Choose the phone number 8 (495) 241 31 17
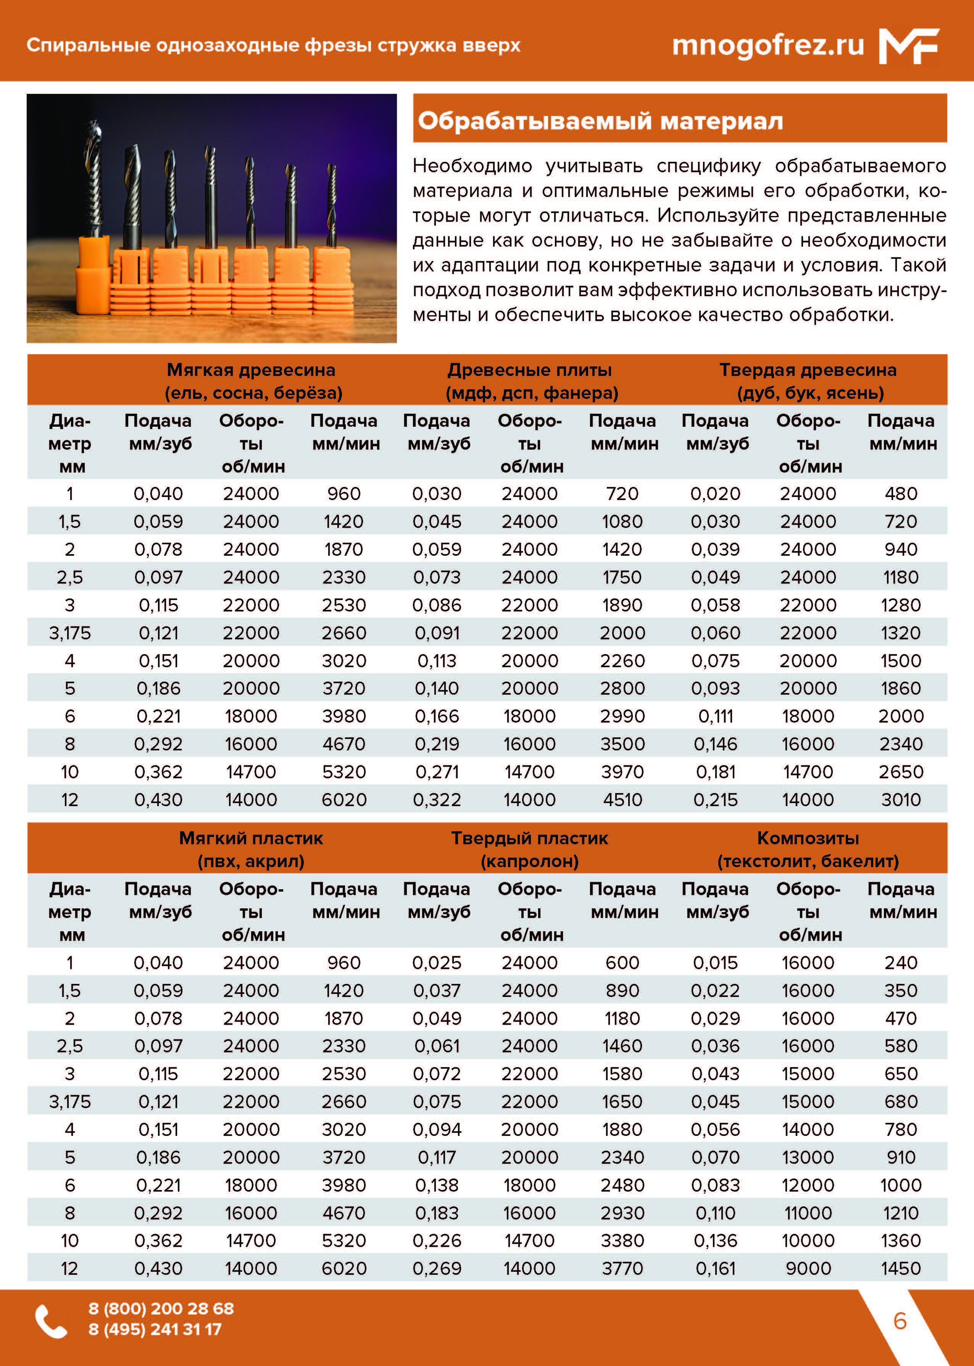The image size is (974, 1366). (x=155, y=1329)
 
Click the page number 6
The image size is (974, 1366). (x=900, y=1321)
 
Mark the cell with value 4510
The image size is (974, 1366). (x=622, y=799)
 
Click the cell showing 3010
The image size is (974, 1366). (x=900, y=799)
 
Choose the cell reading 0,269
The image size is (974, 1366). (x=437, y=1268)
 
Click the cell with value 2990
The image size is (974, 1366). (x=622, y=716)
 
